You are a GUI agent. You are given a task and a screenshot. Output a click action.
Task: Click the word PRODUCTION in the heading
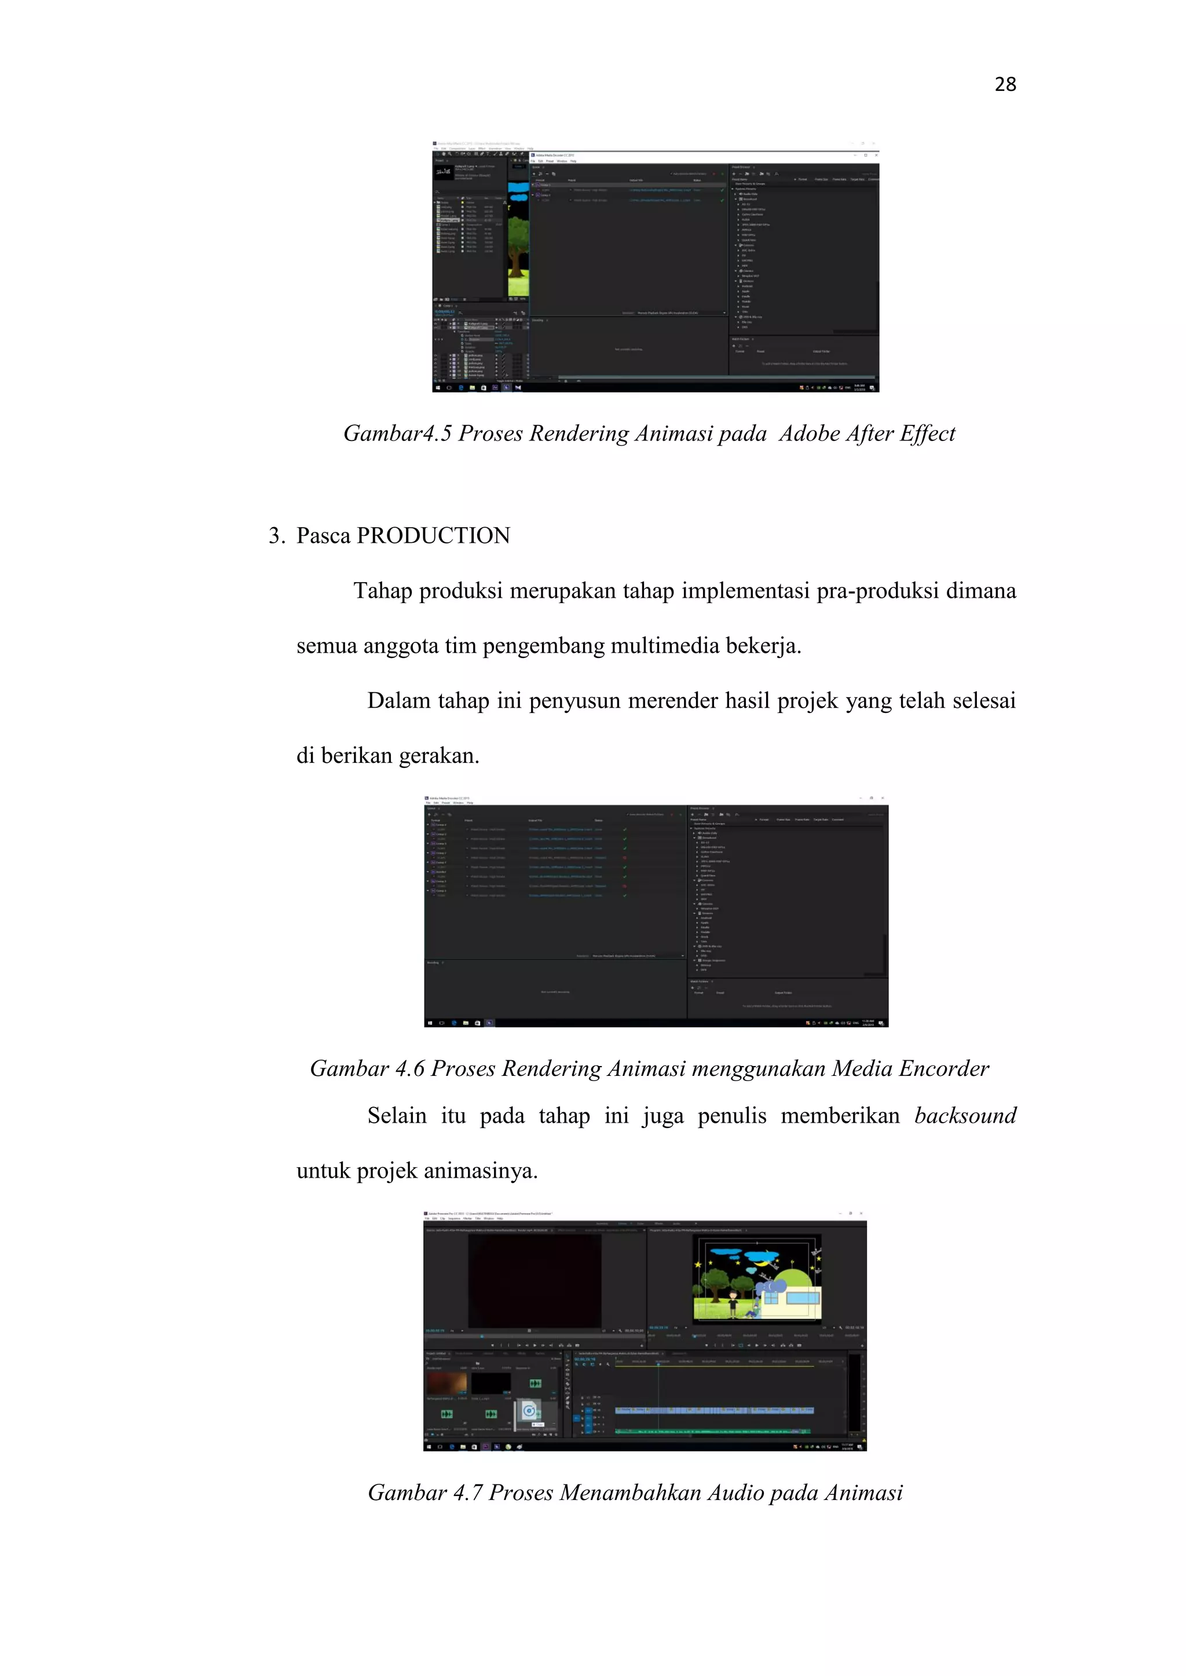pyautogui.click(x=433, y=536)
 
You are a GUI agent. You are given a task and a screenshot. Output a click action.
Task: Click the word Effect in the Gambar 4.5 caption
pyautogui.click(x=927, y=433)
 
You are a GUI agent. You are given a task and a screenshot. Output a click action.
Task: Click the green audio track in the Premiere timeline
pyautogui.click(x=712, y=1431)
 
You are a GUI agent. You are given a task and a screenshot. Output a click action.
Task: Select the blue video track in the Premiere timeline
pyautogui.click(x=712, y=1410)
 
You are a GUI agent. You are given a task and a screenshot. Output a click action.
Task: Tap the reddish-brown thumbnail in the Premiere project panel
pyautogui.click(x=446, y=1383)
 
